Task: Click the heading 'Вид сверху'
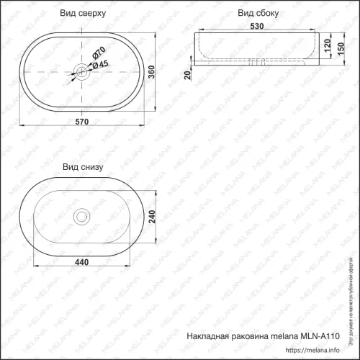click(83, 13)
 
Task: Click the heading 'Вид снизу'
click(83, 166)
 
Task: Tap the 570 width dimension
click(81, 122)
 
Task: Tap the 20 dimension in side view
click(189, 75)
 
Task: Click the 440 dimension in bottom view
click(81, 261)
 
